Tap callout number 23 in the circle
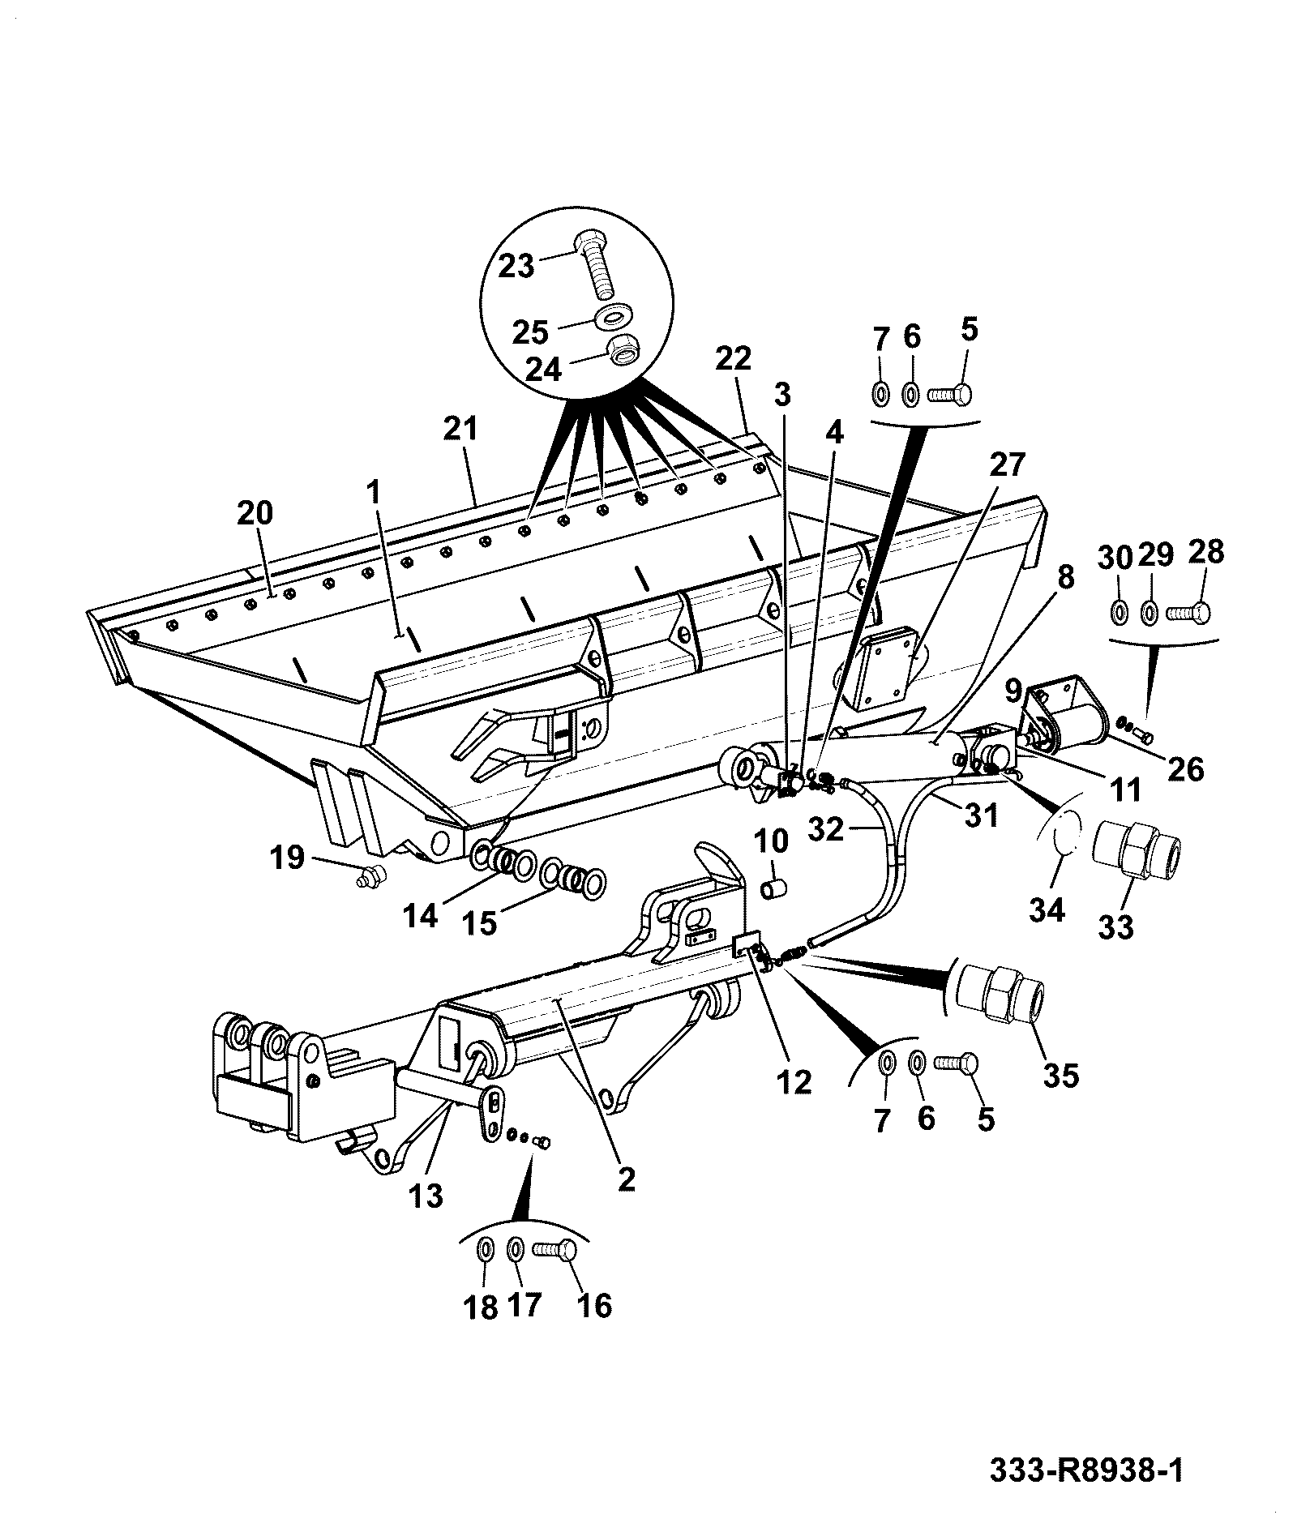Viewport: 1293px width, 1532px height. point(516,265)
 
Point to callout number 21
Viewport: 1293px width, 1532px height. point(461,429)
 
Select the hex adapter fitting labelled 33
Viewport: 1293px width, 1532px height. point(1136,849)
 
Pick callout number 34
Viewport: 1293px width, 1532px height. point(1047,910)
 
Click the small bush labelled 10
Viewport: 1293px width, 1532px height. point(772,889)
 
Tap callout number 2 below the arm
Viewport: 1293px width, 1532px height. point(626,1179)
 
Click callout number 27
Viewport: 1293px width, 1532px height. point(1008,465)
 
